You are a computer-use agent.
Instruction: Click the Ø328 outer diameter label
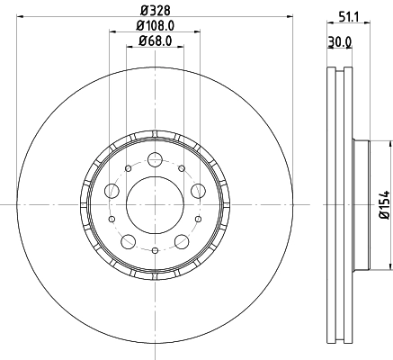(x=154, y=9)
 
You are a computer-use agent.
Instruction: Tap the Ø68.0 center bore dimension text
(x=154, y=41)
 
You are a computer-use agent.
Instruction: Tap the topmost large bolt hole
(x=154, y=161)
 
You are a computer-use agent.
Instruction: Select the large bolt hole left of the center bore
(x=112, y=191)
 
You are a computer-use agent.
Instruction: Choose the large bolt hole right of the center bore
(x=196, y=191)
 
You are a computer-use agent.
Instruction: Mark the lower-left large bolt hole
(x=128, y=240)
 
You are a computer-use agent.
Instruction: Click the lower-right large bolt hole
(x=180, y=240)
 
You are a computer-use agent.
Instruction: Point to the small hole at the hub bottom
(x=154, y=249)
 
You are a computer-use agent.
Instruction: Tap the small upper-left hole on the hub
(x=128, y=168)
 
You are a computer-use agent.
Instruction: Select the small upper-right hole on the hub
(x=180, y=168)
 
